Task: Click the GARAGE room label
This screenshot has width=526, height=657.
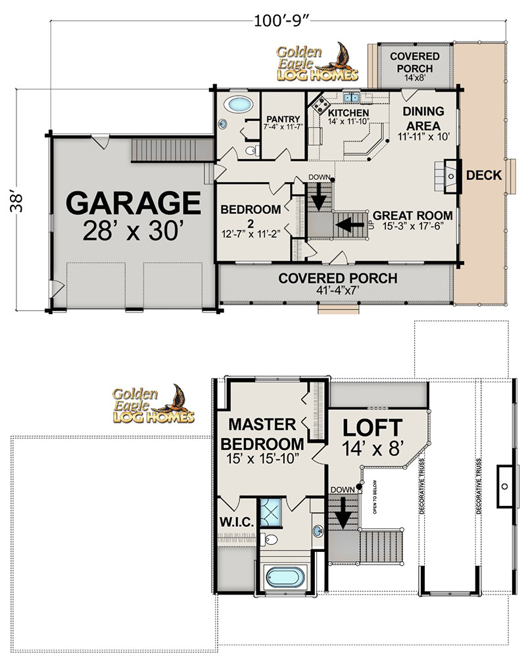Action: point(134,202)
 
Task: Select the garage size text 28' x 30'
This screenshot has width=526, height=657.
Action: point(133,231)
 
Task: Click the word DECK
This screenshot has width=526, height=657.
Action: point(484,175)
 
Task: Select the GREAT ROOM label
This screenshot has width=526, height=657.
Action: point(412,215)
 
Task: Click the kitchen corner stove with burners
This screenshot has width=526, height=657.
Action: point(320,102)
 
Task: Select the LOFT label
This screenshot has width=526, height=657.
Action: point(372,428)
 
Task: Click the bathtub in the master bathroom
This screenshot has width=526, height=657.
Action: point(286,579)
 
